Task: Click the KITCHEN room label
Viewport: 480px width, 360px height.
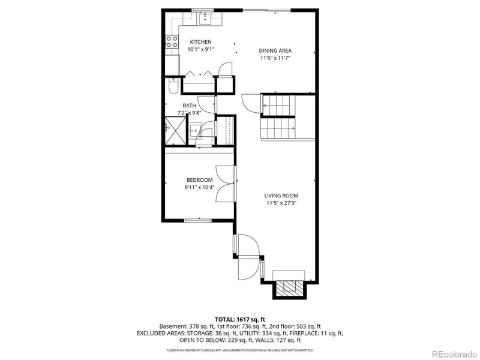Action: pos(201,42)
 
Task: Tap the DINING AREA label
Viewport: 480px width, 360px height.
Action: pos(275,51)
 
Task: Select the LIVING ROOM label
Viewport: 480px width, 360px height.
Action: pos(281,196)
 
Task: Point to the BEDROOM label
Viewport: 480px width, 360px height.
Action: pos(199,180)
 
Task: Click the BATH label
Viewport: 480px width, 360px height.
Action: pos(190,106)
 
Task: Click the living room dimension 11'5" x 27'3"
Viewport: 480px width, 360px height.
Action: pos(282,203)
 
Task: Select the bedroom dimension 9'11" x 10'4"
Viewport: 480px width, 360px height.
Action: pos(199,188)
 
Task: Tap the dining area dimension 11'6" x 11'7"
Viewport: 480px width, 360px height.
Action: pos(275,59)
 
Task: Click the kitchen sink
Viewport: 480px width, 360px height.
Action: pos(206,18)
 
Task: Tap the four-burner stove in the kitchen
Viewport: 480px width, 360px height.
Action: pos(172,42)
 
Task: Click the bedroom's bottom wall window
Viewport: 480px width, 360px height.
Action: pos(197,221)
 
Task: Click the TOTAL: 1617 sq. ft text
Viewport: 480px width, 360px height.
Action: pos(240,319)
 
